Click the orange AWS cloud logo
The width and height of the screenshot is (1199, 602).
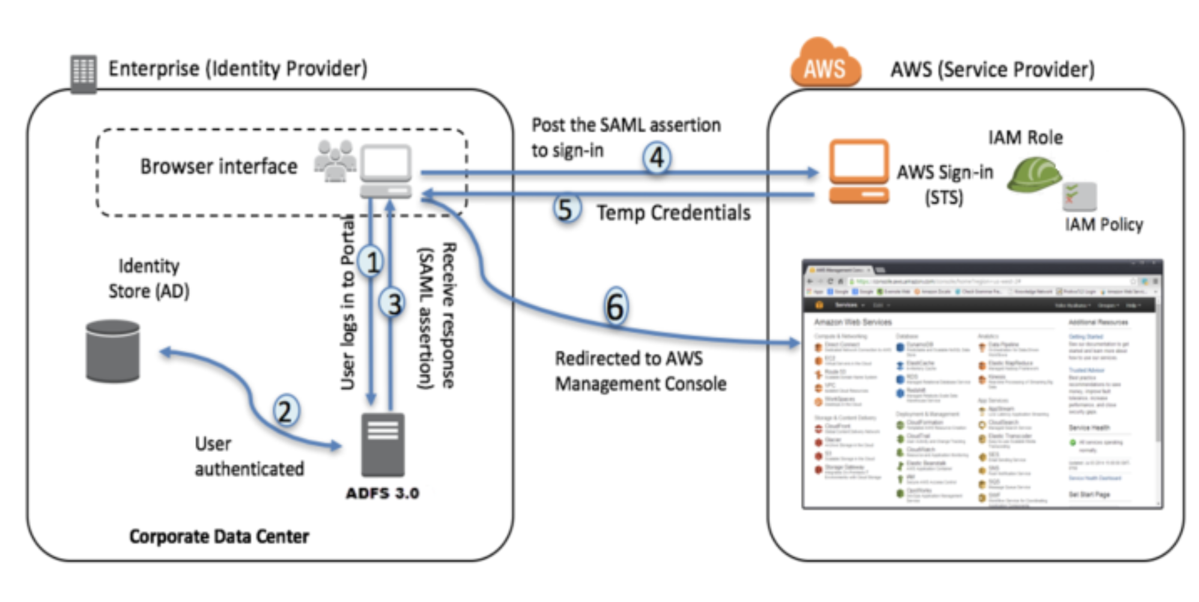[x=825, y=64]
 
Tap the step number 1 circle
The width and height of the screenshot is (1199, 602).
[x=371, y=262]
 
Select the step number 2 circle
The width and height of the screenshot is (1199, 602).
[x=285, y=411]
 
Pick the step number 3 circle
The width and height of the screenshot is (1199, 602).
[x=393, y=303]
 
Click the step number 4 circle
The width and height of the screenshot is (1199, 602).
[x=657, y=158]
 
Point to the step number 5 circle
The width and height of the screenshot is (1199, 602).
[x=565, y=209]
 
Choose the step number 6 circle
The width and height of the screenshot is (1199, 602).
[x=615, y=306]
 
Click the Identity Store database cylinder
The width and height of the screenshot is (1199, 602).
[x=113, y=351]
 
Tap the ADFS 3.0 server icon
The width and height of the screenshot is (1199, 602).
[x=383, y=445]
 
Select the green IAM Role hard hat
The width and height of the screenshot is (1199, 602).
[x=1033, y=175]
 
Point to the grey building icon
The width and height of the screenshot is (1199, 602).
[x=83, y=74]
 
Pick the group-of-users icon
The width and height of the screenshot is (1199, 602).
[x=335, y=160]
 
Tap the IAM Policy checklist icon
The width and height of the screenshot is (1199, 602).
[x=1079, y=197]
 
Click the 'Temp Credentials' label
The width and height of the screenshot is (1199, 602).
[x=673, y=213]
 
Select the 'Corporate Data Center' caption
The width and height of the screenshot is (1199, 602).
[x=219, y=536]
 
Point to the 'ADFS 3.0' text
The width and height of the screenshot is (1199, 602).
[x=382, y=493]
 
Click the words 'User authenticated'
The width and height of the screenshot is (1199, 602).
[x=249, y=456]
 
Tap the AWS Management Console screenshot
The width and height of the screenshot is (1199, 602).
[x=982, y=385]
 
